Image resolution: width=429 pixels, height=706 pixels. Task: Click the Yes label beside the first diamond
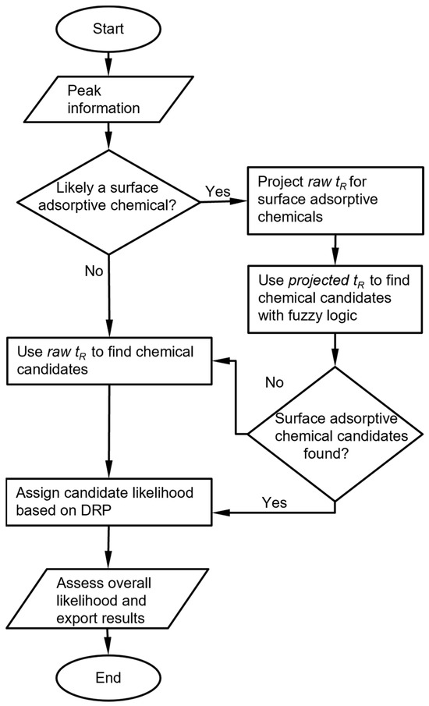217,191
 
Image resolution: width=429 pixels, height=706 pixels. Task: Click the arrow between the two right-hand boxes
334,249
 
